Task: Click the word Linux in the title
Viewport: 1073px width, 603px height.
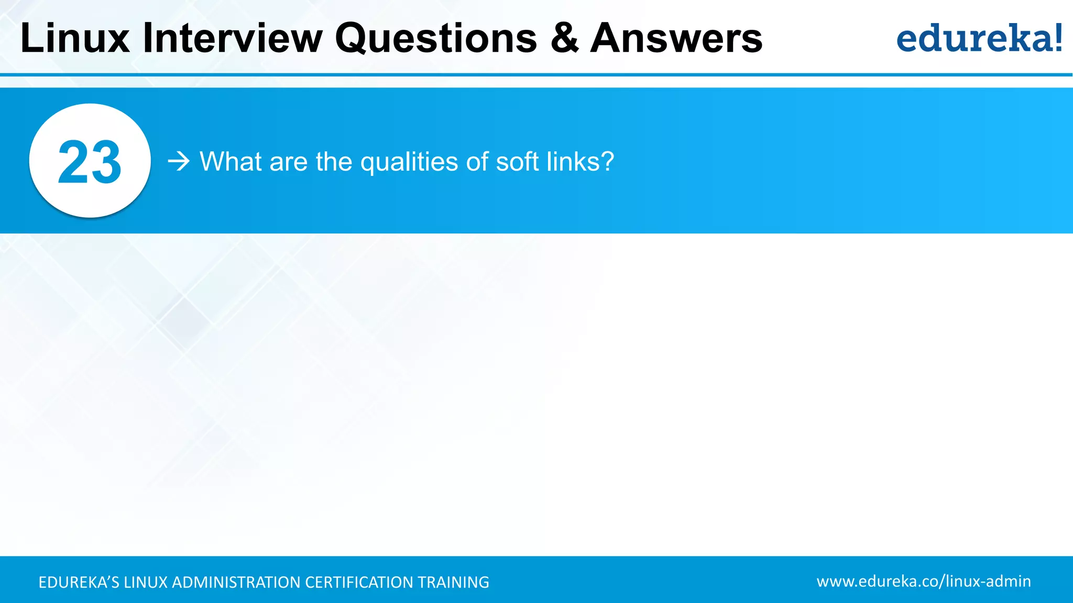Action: pyautogui.click(x=75, y=38)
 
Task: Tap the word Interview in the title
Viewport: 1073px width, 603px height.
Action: pyautogui.click(x=233, y=38)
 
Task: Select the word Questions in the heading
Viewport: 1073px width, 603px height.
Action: pyautogui.click(x=436, y=38)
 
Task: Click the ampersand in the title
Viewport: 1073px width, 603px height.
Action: pyautogui.click(x=564, y=38)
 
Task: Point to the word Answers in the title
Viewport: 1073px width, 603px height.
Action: pyautogui.click(x=676, y=38)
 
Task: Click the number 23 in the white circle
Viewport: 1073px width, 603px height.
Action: pyautogui.click(x=90, y=162)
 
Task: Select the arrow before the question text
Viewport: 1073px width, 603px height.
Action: pyautogui.click(x=178, y=161)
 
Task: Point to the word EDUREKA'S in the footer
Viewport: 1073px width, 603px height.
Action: pyautogui.click(x=79, y=582)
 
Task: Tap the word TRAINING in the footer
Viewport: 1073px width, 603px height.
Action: pyautogui.click(x=453, y=582)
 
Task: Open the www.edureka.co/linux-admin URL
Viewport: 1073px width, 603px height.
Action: pyautogui.click(x=923, y=581)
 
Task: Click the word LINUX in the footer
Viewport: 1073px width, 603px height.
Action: pyautogui.click(x=146, y=582)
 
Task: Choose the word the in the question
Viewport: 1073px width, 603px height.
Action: pyautogui.click(x=334, y=161)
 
